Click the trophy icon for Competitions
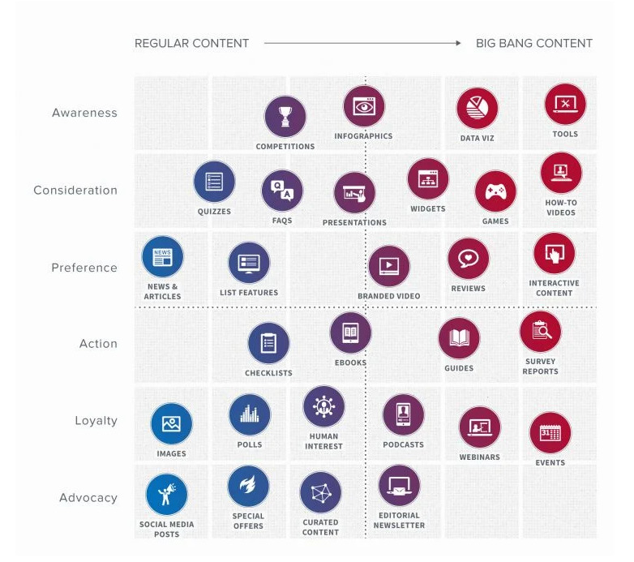click(x=285, y=117)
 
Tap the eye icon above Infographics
click(x=363, y=106)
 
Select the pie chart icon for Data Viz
click(x=477, y=109)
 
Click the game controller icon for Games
click(x=495, y=191)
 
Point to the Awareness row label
click(x=84, y=113)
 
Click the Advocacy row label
click(x=88, y=498)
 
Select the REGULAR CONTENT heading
click(x=191, y=43)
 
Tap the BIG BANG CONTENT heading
click(x=533, y=43)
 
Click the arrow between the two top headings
click(x=362, y=43)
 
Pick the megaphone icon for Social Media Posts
click(x=166, y=495)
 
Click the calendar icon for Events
click(x=550, y=433)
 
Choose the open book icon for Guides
click(x=459, y=338)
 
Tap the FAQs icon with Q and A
click(x=282, y=191)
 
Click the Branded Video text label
click(x=389, y=296)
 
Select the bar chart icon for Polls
click(x=250, y=415)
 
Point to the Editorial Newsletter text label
click(x=398, y=520)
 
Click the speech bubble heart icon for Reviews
click(x=468, y=259)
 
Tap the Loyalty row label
click(x=96, y=421)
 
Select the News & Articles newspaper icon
click(x=162, y=257)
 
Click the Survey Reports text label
click(x=540, y=367)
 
